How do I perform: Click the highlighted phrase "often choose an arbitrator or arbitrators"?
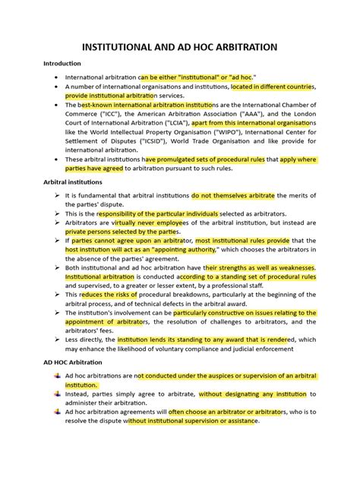point(226,411)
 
